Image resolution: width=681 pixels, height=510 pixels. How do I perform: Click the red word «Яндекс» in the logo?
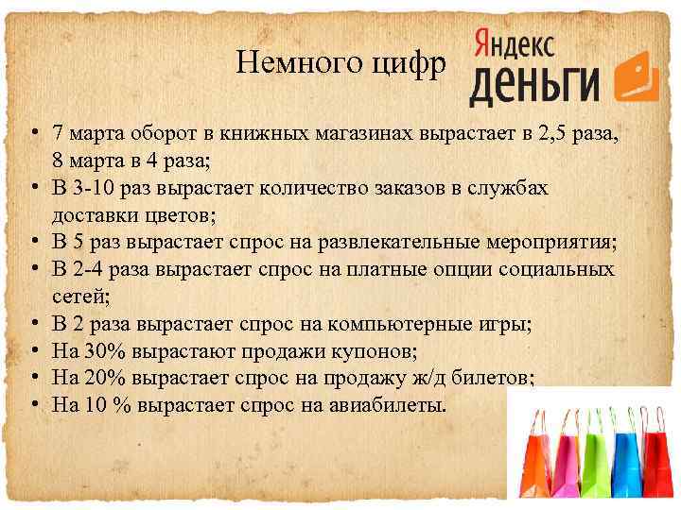(x=513, y=42)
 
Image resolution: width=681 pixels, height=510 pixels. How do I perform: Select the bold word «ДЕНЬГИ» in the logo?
(x=534, y=85)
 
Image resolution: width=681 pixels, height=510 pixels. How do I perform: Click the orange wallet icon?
(x=637, y=76)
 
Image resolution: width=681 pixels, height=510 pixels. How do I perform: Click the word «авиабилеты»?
(x=386, y=405)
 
